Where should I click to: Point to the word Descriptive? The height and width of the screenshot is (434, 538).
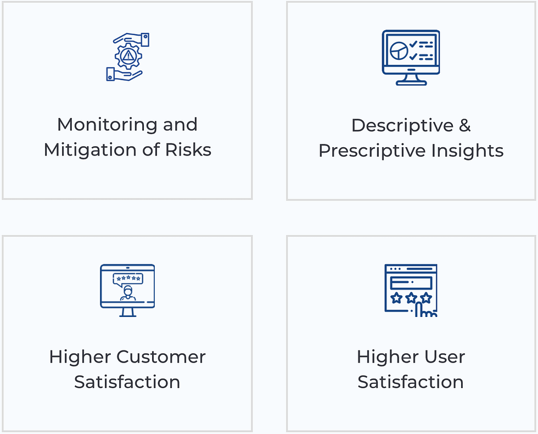click(402, 126)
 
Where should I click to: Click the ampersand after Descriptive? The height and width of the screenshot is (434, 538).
click(464, 126)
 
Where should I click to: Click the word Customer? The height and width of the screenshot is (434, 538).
click(161, 357)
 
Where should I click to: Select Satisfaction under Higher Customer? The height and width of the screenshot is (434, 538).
click(127, 382)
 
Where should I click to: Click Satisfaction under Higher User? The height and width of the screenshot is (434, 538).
click(411, 382)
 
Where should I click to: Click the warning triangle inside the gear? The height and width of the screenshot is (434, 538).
click(128, 55)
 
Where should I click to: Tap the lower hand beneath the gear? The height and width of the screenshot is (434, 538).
click(123, 74)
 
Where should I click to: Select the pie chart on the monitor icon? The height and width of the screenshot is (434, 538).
click(399, 51)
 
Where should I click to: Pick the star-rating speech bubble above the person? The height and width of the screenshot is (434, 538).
click(128, 279)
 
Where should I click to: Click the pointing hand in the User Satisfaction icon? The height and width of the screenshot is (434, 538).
click(424, 310)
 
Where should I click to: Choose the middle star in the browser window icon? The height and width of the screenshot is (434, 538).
click(411, 298)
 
